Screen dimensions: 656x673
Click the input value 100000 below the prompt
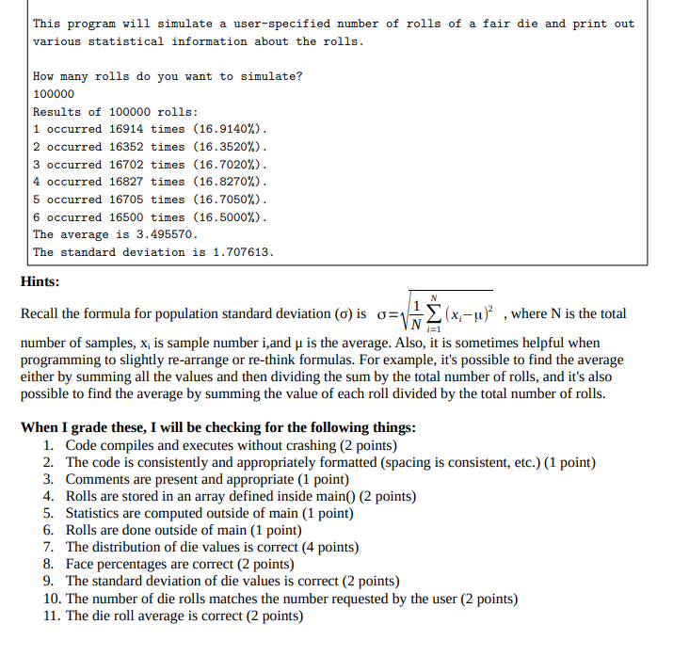coord(54,94)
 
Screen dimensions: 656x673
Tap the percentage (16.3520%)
coord(231,147)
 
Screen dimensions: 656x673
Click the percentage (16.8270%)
coord(231,182)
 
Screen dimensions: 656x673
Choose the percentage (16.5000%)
coord(231,216)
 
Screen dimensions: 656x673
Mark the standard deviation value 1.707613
coord(240,252)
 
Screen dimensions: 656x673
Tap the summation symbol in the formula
coord(433,313)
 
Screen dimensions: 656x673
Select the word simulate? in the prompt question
coord(272,76)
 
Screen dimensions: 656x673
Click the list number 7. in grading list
coord(50,547)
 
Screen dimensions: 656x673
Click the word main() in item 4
coord(332,496)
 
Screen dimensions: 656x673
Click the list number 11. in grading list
coord(53,616)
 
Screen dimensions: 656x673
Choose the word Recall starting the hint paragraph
coord(41,313)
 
